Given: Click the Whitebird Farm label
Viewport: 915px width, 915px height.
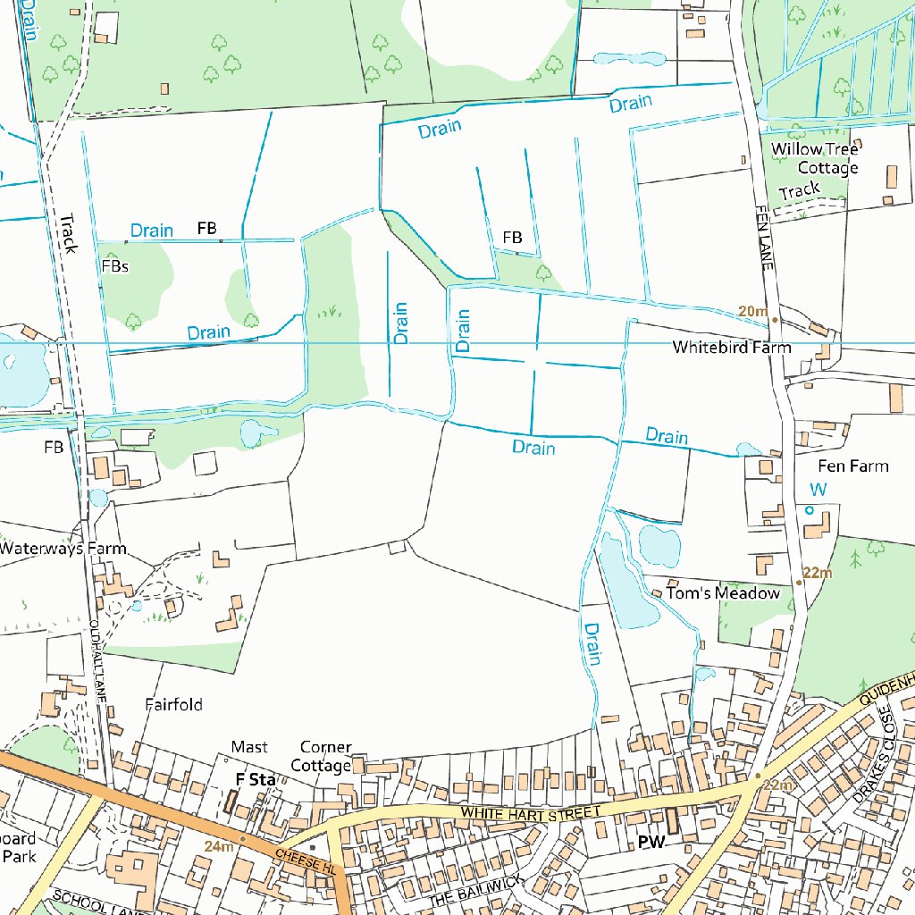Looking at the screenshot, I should click(x=731, y=347).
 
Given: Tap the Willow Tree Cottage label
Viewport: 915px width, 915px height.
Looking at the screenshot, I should click(x=815, y=158).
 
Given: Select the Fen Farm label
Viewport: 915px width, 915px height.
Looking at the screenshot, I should click(x=852, y=466).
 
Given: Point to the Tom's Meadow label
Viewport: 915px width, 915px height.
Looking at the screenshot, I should click(x=723, y=593).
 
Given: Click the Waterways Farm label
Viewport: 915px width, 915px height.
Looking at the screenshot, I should click(x=63, y=549).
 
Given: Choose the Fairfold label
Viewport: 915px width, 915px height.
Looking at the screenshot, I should click(x=173, y=705).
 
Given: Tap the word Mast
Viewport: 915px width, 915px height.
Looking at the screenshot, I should click(x=248, y=747).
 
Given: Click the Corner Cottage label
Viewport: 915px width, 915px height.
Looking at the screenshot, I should click(x=324, y=756).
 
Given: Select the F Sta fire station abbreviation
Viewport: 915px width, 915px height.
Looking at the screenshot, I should click(x=255, y=779).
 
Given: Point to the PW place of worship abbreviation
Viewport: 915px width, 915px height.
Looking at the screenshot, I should click(x=651, y=842).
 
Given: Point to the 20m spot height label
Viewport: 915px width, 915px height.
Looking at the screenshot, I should click(x=752, y=311).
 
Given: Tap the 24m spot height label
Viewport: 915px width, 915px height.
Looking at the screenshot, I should click(x=218, y=846).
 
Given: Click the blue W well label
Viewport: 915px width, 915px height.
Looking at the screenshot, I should click(x=818, y=490).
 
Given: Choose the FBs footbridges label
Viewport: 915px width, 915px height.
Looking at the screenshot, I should click(x=115, y=266).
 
